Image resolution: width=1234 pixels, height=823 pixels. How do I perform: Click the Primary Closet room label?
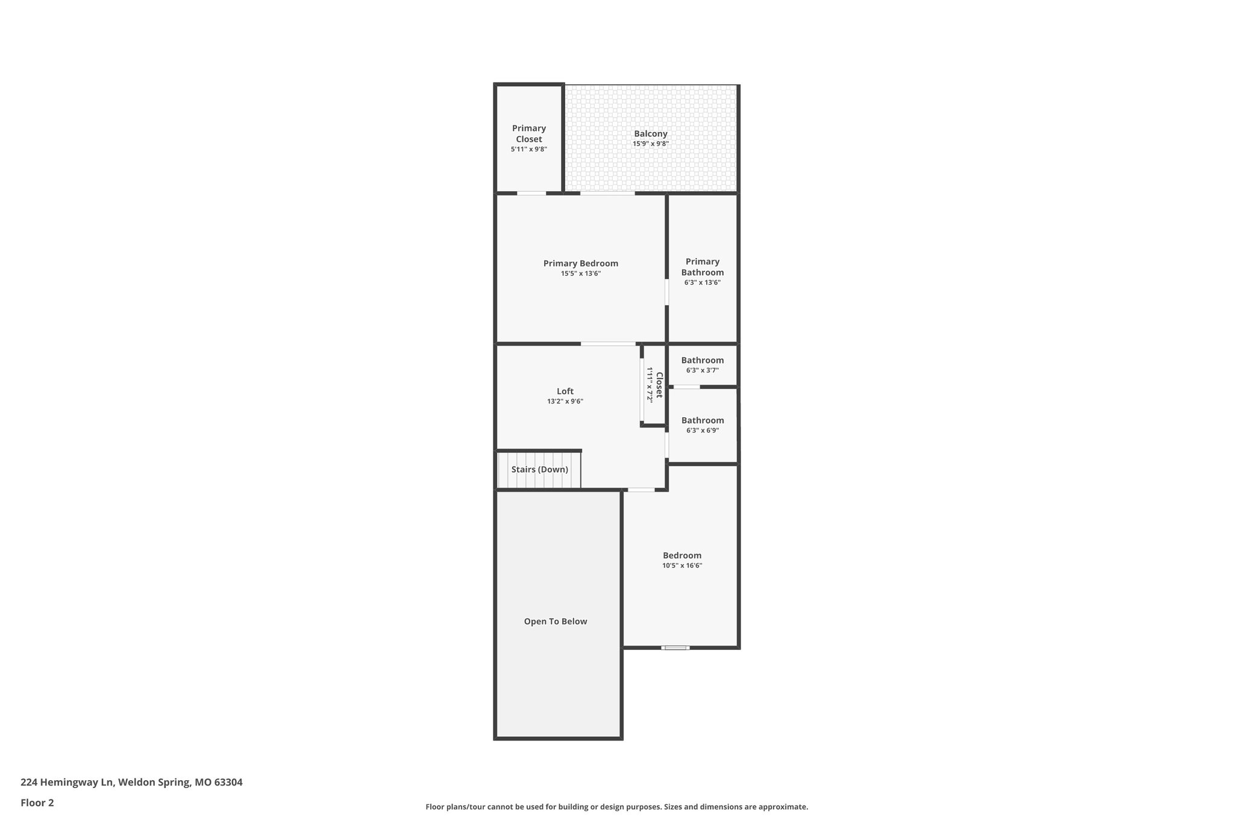point(528,134)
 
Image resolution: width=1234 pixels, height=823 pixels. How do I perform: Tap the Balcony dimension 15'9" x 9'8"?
point(650,144)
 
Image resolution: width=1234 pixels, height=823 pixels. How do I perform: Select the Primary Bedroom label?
point(580,263)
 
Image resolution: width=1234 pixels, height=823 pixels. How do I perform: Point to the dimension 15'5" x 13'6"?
point(580,274)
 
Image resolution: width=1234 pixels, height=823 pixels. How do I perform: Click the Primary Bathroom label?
point(702,267)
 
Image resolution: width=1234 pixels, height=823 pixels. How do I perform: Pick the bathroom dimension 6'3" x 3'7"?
point(702,371)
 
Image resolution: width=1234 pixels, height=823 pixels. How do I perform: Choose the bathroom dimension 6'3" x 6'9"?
point(702,430)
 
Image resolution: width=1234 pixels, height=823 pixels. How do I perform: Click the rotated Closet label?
point(659,385)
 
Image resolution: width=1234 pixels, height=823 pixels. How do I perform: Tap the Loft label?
point(565,391)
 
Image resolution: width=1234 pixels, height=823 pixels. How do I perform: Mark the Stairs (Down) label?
point(539,470)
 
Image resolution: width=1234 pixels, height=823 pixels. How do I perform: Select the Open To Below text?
point(555,622)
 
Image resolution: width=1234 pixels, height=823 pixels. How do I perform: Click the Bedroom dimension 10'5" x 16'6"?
point(682,566)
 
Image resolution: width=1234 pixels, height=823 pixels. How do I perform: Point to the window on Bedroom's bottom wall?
point(675,648)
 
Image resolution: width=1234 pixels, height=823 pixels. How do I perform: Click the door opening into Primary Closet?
point(531,194)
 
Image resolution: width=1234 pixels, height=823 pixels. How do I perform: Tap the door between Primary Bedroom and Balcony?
point(607,194)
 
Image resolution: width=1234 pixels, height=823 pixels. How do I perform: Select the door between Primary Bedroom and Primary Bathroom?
point(666,292)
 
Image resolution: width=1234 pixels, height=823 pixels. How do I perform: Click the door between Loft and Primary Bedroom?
point(607,344)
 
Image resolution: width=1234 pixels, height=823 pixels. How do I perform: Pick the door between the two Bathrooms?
point(686,386)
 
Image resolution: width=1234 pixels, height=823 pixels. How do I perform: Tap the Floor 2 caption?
point(37,803)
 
